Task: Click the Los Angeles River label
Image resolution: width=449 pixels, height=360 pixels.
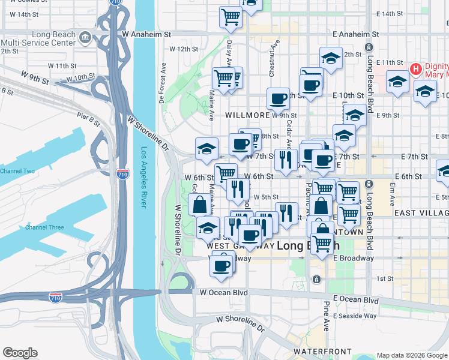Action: click(144, 178)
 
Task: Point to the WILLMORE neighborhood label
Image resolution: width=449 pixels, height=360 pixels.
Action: click(247, 115)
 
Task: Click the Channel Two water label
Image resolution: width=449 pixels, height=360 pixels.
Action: click(17, 172)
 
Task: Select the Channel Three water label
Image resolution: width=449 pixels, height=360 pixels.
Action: click(44, 227)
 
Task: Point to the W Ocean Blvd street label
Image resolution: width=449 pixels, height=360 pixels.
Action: click(224, 292)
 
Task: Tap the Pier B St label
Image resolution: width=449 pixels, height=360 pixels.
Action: click(88, 116)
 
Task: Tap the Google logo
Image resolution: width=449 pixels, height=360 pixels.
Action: click(20, 353)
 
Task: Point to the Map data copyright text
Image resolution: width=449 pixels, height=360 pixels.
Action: click(411, 355)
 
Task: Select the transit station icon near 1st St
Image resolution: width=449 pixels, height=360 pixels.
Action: click(316, 279)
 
